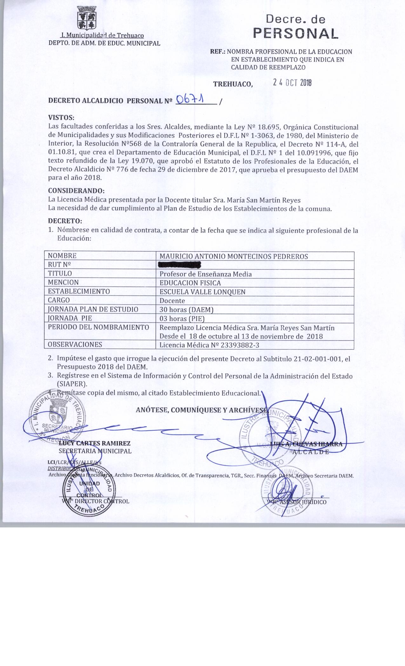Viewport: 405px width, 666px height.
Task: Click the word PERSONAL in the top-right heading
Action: point(295,33)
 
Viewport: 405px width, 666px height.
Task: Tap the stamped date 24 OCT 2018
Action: point(292,83)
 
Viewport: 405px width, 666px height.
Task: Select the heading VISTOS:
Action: point(61,118)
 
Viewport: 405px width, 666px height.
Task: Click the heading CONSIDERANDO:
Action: point(76,191)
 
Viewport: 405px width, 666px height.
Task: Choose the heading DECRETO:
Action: point(65,220)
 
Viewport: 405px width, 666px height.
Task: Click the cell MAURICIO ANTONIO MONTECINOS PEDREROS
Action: point(233,256)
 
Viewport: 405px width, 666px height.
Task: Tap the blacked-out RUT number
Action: point(180,265)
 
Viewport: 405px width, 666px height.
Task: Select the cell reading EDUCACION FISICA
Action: point(190,283)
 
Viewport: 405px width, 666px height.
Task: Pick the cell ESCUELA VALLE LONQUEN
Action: point(202,292)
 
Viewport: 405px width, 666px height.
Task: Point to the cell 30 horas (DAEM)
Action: point(186,310)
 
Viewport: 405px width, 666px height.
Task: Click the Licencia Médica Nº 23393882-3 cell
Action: point(209,345)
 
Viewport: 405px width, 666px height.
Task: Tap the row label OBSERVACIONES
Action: point(75,344)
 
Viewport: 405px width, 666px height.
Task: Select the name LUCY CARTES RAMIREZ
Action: point(95,443)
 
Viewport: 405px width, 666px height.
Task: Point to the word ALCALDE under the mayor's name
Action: point(310,452)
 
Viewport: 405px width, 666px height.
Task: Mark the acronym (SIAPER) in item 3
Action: point(72,384)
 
